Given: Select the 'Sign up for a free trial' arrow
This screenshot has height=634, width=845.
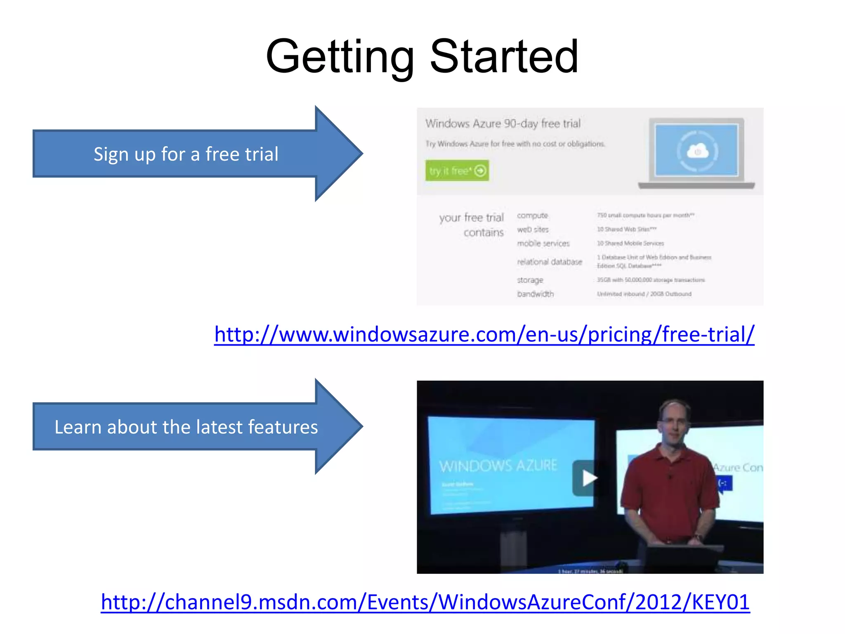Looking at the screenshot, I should (186, 154).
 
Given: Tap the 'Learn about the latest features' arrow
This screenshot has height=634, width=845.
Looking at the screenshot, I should (186, 427).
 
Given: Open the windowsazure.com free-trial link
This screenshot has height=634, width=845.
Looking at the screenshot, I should (484, 334).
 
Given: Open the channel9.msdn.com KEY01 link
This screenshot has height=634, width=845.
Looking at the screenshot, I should (425, 602).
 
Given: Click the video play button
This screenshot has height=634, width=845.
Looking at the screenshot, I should (588, 478).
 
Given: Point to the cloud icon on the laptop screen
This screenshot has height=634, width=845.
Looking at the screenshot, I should (697, 151).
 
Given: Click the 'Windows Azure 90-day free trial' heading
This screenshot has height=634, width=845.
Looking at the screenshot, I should (503, 123).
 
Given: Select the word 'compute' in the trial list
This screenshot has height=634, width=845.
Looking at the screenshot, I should (532, 215).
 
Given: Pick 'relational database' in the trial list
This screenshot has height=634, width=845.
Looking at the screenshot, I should (549, 262).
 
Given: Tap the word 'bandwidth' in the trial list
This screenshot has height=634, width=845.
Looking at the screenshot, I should (535, 294).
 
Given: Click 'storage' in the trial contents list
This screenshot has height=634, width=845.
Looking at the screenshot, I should (530, 280).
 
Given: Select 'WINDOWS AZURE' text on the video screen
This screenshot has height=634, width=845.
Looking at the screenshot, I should (498, 466).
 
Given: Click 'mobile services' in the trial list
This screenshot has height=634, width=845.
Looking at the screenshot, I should (543, 244).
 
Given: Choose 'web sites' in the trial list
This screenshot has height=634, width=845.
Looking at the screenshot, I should (533, 229).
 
